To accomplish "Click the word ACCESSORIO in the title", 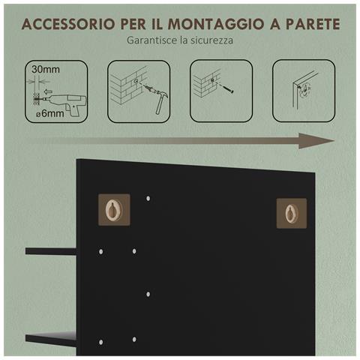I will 67,22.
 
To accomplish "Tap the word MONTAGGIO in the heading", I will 215,22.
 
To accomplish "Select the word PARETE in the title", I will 309,22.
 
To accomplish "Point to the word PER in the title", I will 133,22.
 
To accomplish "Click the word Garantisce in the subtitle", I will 152,40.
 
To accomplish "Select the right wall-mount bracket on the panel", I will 291,212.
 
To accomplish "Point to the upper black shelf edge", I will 50,251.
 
